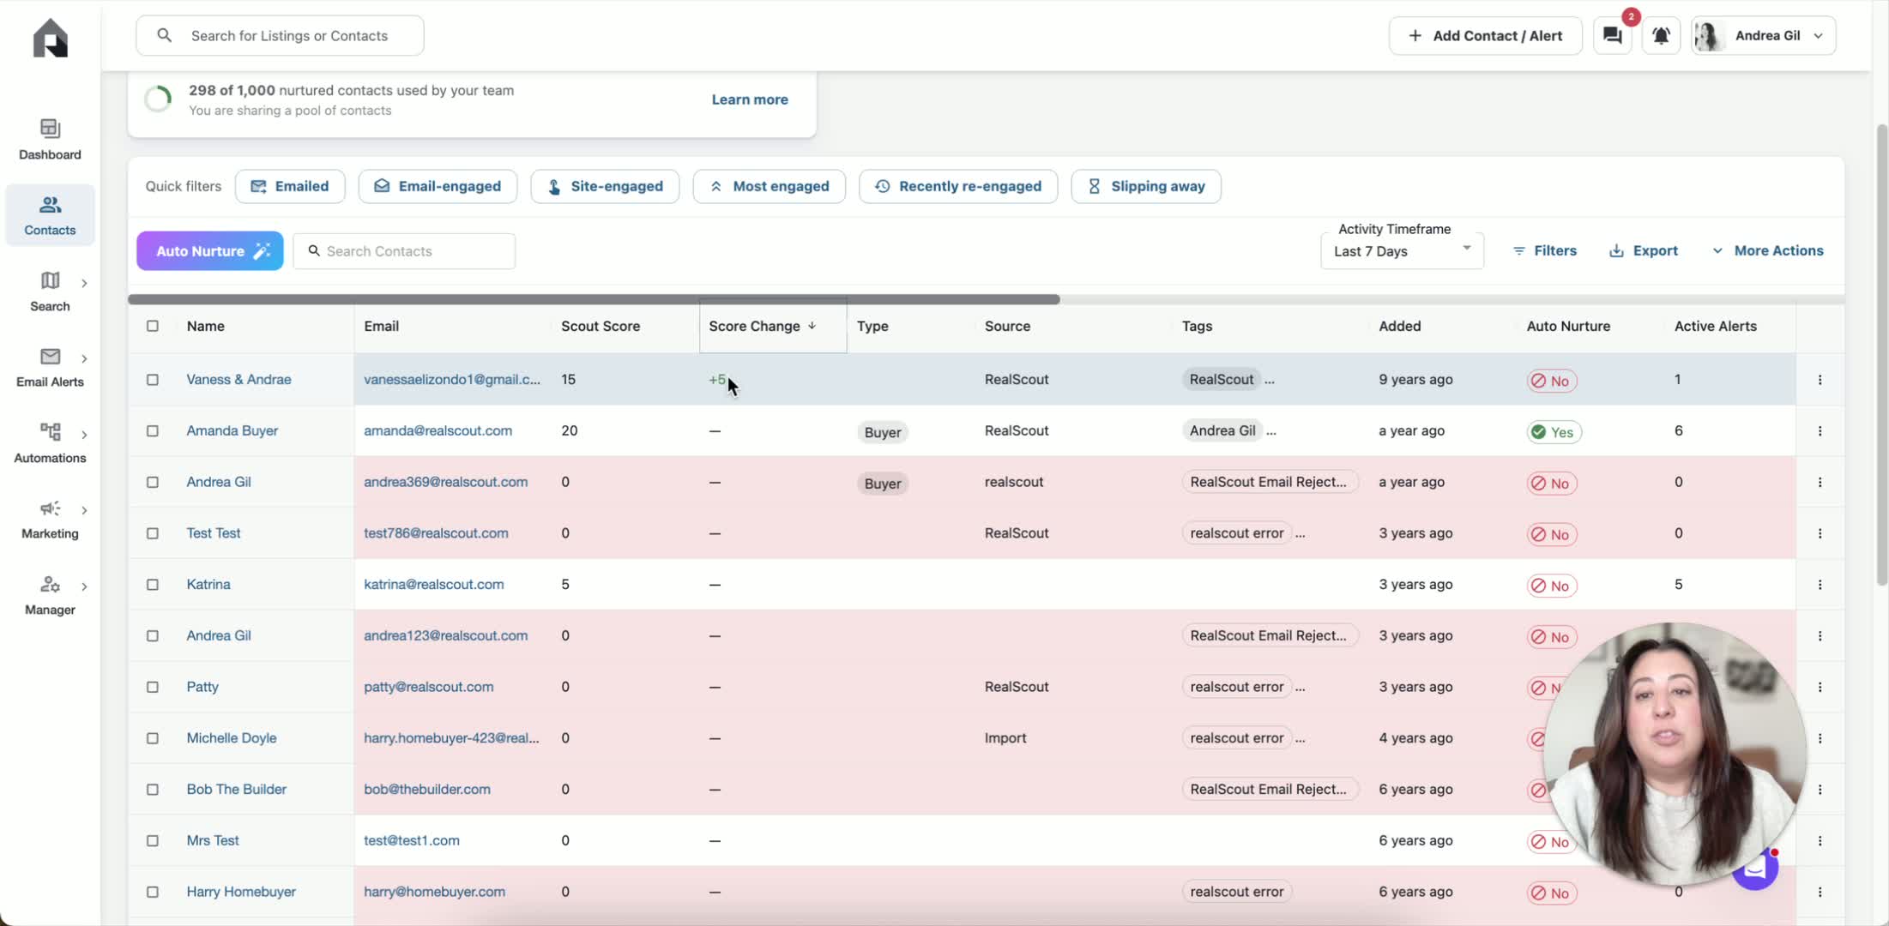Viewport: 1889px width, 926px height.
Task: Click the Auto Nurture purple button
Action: pyautogui.click(x=210, y=251)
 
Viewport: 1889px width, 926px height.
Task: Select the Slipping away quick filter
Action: pyautogui.click(x=1146, y=186)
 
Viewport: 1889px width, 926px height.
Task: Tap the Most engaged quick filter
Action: pyautogui.click(x=769, y=186)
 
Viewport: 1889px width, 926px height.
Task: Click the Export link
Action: pyautogui.click(x=1644, y=250)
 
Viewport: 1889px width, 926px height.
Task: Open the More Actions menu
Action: pyautogui.click(x=1768, y=250)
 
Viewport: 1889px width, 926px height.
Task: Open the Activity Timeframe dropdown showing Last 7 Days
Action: pyautogui.click(x=1402, y=251)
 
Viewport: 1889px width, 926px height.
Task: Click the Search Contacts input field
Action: pyautogui.click(x=404, y=251)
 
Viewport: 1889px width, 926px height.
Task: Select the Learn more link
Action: pyautogui.click(x=750, y=99)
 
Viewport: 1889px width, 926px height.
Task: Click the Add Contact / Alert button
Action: pyautogui.click(x=1486, y=36)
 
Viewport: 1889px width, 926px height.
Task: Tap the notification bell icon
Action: pyautogui.click(x=1661, y=36)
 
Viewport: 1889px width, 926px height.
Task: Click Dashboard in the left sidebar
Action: pyautogui.click(x=50, y=140)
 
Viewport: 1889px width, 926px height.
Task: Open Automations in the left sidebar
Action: pyautogui.click(x=50, y=442)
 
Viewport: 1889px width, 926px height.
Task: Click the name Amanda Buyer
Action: pyautogui.click(x=232, y=430)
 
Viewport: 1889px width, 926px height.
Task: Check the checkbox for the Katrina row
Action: pyautogui.click(x=153, y=585)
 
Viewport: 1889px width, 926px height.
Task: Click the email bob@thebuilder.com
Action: pyautogui.click(x=427, y=789)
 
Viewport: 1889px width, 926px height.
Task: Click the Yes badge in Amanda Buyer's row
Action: pyautogui.click(x=1554, y=432)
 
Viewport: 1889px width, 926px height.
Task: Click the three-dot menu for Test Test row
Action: pyautogui.click(x=1820, y=533)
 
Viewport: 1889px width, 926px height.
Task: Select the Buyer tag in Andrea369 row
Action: pyautogui.click(x=883, y=484)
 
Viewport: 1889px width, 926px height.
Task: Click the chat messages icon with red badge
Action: pyautogui.click(x=1613, y=36)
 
